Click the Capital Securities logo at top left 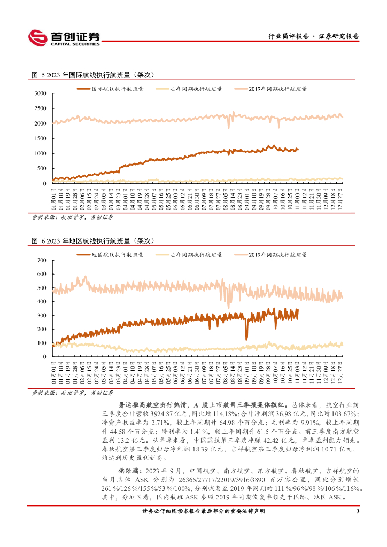click(64, 37)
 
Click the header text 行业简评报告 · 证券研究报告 click(313, 36)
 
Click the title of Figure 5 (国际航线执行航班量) click(93, 74)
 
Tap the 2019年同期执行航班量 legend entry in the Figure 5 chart click(278, 89)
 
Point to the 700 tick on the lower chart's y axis click(42, 261)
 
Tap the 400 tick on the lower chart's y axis click(42, 302)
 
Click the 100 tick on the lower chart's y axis click(42, 343)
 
